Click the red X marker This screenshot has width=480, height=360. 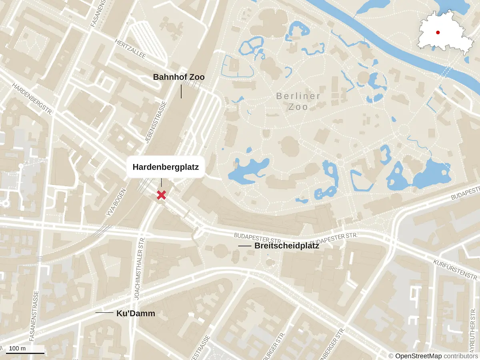[x=161, y=195]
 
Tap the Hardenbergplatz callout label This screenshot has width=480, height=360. [x=166, y=167]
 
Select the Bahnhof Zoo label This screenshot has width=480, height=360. [x=179, y=77]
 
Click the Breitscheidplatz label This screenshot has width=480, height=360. [x=286, y=246]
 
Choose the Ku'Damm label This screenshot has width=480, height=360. [x=136, y=314]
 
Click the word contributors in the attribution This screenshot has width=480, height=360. [x=460, y=356]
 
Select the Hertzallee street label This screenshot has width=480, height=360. [x=130, y=48]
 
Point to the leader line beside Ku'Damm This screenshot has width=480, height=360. [x=104, y=312]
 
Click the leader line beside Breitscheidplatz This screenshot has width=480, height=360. [x=244, y=246]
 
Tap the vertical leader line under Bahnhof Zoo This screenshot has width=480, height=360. [x=181, y=92]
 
